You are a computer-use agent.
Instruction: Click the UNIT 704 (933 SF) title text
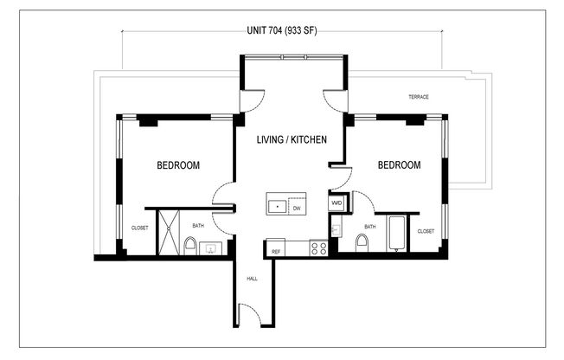pyautogui.click(x=281, y=34)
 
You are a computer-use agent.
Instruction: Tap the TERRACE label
pyautogui.click(x=418, y=97)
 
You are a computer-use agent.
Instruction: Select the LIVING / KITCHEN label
pyautogui.click(x=291, y=139)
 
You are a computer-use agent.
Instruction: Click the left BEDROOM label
pyautogui.click(x=179, y=164)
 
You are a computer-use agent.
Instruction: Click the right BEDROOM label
pyautogui.click(x=399, y=164)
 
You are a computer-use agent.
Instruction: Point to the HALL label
pyautogui.click(x=253, y=279)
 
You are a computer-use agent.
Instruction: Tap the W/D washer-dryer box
pyautogui.click(x=336, y=204)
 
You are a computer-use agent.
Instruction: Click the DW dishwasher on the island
pyautogui.click(x=297, y=208)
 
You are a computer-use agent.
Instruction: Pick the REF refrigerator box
pyautogui.click(x=276, y=250)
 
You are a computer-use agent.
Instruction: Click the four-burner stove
pyautogui.click(x=317, y=247)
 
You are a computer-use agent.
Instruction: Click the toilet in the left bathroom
pyautogui.click(x=189, y=247)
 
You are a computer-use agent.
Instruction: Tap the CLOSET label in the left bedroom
pyautogui.click(x=139, y=228)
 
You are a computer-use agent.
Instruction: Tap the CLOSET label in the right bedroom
pyautogui.click(x=426, y=231)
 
